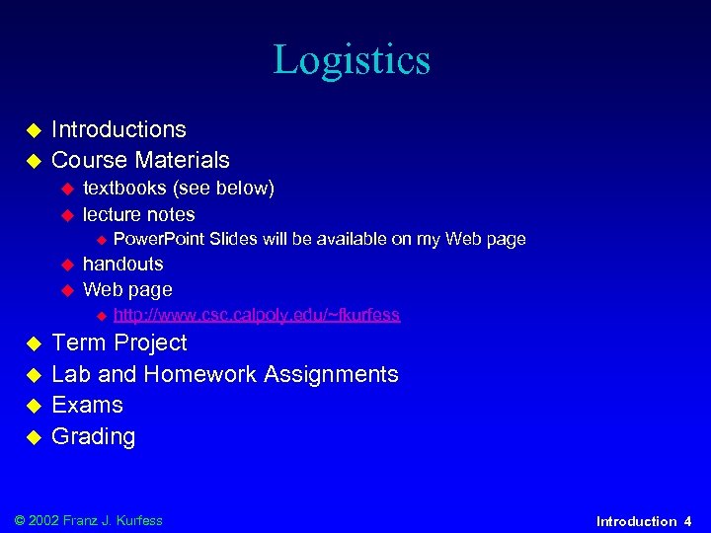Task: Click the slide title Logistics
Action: click(x=352, y=60)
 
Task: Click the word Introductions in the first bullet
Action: click(x=118, y=129)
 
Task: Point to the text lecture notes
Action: click(x=138, y=214)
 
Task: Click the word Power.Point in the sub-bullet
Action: click(x=158, y=239)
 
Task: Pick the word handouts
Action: click(x=122, y=264)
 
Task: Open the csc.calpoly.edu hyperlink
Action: click(x=257, y=315)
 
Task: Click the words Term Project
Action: click(x=118, y=343)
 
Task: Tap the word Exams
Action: click(x=87, y=405)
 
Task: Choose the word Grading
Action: click(x=93, y=436)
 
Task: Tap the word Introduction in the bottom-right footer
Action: click(x=637, y=521)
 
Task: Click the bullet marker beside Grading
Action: click(x=32, y=437)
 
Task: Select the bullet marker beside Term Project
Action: click(x=32, y=343)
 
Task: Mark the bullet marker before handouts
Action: click(x=68, y=265)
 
